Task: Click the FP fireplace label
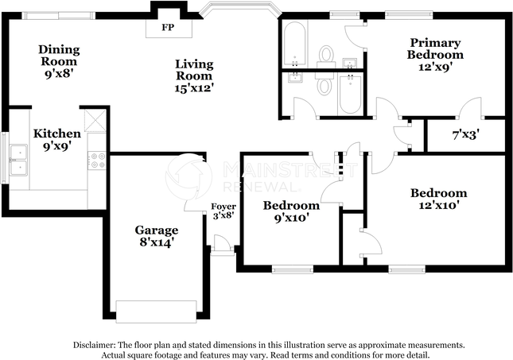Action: [168, 28]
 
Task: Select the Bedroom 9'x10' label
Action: [291, 212]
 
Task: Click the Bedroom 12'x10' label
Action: [438, 199]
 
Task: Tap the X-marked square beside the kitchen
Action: [95, 120]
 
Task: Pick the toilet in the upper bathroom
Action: [325, 54]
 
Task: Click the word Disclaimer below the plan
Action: [94, 345]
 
